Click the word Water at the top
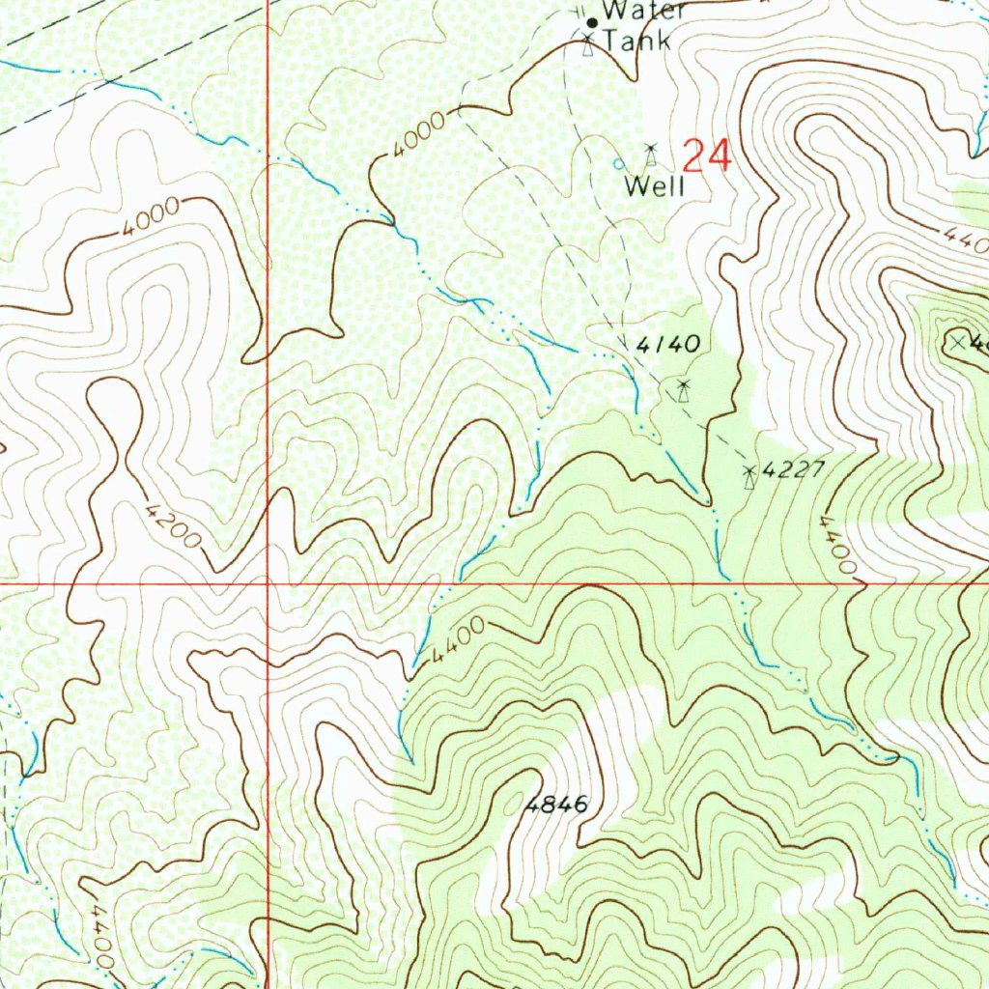coord(644,12)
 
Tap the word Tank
coord(636,42)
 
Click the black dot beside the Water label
coord(592,21)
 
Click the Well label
coord(655,186)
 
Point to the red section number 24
coord(707,155)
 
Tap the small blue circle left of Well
coord(619,164)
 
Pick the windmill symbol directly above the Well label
coord(651,154)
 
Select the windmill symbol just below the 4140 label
coord(684,390)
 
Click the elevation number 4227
coord(793,470)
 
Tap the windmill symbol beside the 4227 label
coord(749,475)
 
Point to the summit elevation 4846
coord(556,805)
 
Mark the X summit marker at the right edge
coord(957,341)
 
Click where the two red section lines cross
coord(268,584)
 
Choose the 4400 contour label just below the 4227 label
coord(837,544)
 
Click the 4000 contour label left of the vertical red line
coord(151,218)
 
